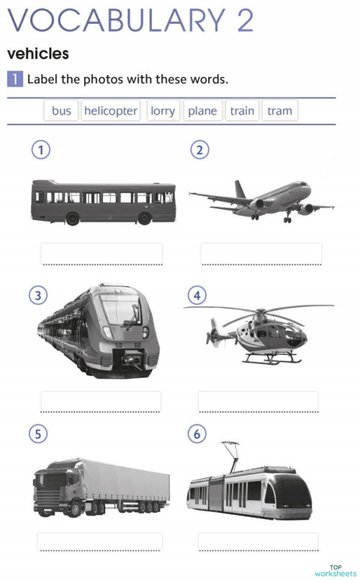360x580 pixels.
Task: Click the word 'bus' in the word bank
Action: click(x=61, y=111)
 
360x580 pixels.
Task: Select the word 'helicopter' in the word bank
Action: click(x=110, y=111)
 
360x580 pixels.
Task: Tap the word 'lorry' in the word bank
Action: click(x=163, y=111)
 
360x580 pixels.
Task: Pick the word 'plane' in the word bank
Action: click(x=202, y=111)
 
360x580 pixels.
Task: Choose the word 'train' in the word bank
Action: click(x=242, y=111)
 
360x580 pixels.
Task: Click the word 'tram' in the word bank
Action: click(x=279, y=111)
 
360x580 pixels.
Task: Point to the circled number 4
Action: click(x=196, y=295)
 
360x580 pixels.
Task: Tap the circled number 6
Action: click(x=196, y=434)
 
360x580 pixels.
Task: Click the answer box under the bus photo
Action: click(x=102, y=254)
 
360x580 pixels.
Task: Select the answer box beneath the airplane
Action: click(x=261, y=254)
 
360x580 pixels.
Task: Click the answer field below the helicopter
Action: click(x=258, y=401)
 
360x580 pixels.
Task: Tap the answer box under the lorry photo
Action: click(x=99, y=542)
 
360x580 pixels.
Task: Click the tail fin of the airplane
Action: click(x=240, y=189)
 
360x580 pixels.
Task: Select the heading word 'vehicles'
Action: click(x=37, y=54)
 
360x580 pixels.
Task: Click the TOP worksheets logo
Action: click(x=335, y=570)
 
